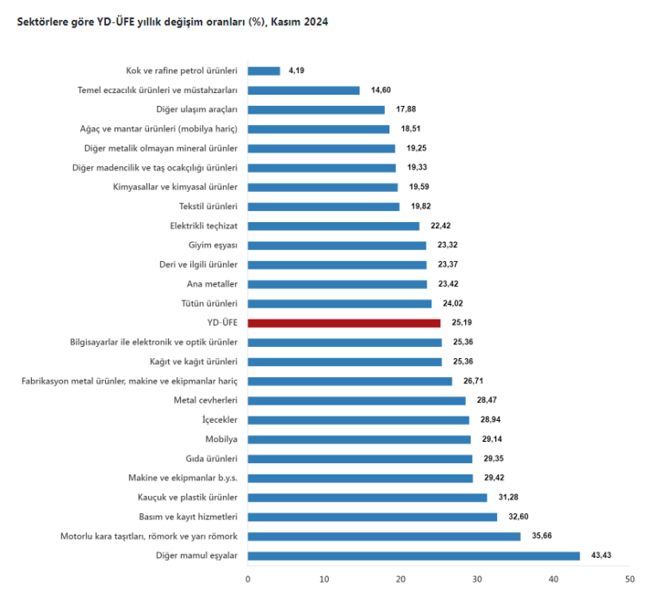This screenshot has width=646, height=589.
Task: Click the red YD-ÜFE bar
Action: click(x=344, y=323)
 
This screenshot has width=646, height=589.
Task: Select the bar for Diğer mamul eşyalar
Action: click(x=413, y=555)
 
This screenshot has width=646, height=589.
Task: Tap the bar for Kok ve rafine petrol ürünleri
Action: click(x=264, y=71)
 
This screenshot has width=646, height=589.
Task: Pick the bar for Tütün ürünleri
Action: click(x=339, y=303)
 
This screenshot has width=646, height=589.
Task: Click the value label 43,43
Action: click(x=600, y=555)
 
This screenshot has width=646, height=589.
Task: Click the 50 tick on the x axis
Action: click(x=630, y=579)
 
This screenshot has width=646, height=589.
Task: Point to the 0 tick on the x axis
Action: click(x=248, y=579)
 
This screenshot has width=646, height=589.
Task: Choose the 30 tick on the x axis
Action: click(x=477, y=579)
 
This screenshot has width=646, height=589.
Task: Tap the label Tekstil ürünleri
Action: click(x=208, y=207)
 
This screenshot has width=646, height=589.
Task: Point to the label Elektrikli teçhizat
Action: click(x=203, y=226)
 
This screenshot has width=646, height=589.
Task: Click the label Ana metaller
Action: click(x=211, y=284)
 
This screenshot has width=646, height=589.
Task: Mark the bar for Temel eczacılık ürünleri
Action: click(x=303, y=90)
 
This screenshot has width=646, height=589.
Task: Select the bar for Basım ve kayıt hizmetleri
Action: click(x=372, y=517)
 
